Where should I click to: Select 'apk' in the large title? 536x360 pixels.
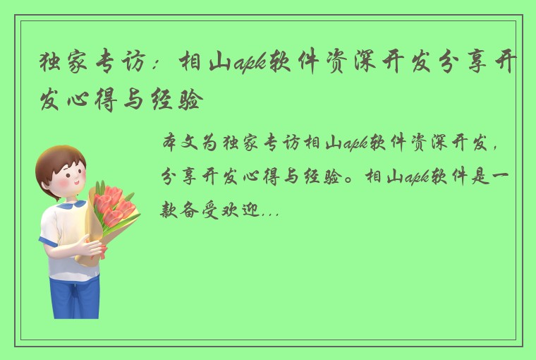click(x=249, y=66)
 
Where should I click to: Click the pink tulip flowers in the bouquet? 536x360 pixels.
click(x=114, y=202)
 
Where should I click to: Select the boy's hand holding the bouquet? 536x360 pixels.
click(x=92, y=247)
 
